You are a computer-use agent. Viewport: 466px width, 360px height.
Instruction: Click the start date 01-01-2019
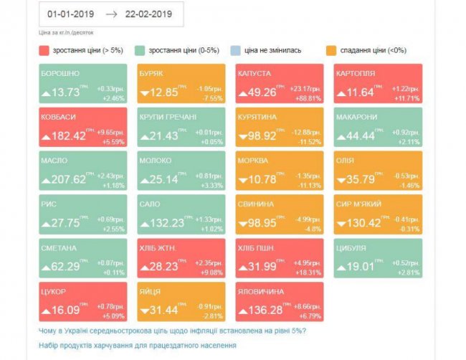[70, 14]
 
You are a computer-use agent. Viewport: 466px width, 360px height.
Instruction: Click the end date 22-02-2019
[148, 14]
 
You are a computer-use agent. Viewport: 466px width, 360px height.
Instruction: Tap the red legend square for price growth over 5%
[44, 51]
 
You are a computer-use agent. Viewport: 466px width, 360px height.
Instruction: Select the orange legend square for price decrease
[331, 51]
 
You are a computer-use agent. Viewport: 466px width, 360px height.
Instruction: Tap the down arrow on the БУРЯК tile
[146, 93]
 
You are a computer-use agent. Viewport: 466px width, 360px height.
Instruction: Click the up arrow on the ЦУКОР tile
[47, 311]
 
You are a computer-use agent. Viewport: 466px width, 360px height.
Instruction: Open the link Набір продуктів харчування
[137, 346]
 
